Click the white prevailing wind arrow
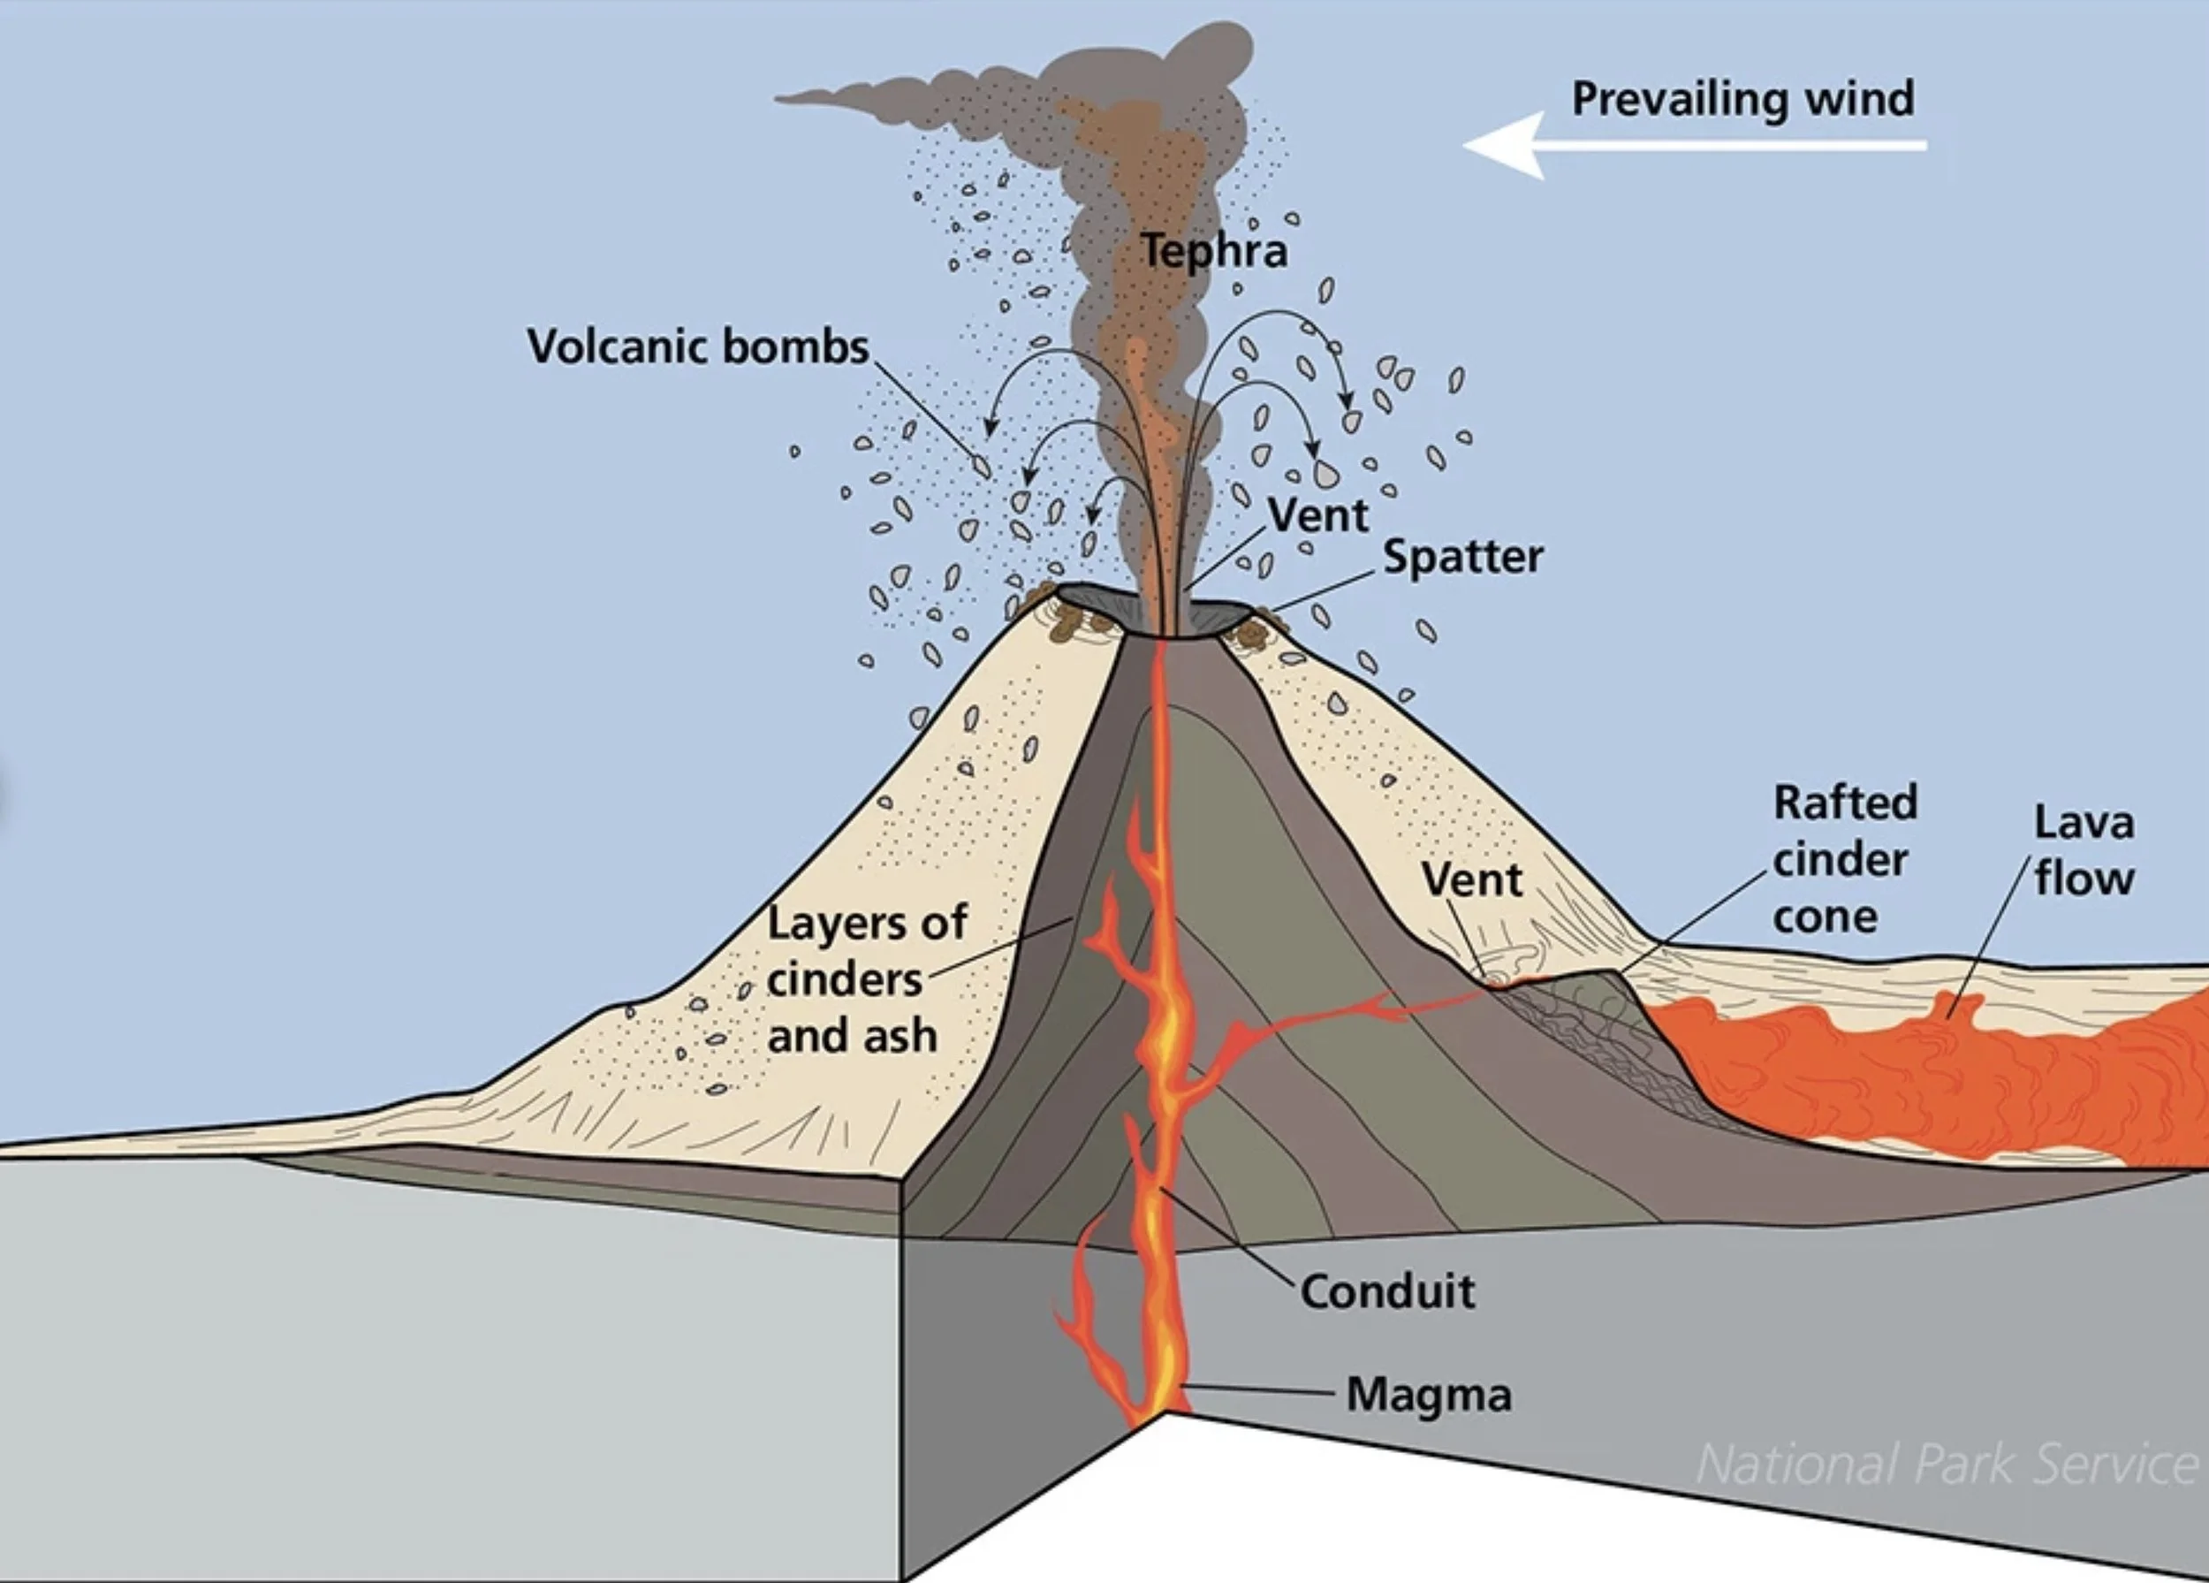tap(1695, 145)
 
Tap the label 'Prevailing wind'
tap(1742, 99)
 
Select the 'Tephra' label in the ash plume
tap(1213, 251)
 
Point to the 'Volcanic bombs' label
tap(697, 346)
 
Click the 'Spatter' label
tap(1463, 557)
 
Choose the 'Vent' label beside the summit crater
tap(1317, 515)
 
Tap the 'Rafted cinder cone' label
tap(1844, 859)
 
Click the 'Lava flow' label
tap(2084, 850)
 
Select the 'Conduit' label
tap(1387, 1291)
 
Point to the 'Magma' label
tap(1429, 1395)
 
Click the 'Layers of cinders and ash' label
tap(866, 979)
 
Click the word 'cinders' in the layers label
tap(844, 980)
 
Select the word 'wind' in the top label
tap(1859, 99)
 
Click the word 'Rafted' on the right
tap(1845, 803)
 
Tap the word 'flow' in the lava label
tap(2084, 879)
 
